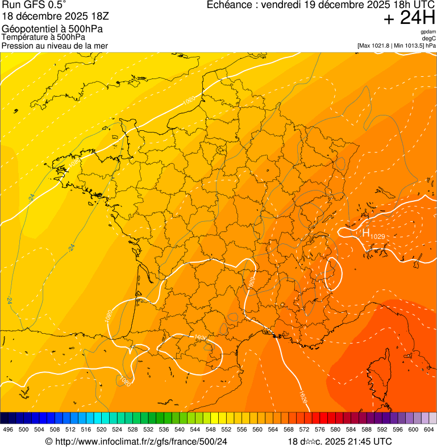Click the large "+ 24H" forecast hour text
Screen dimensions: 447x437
pyautogui.click(x=410, y=18)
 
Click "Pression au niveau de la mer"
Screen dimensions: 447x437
pyautogui.click(x=55, y=45)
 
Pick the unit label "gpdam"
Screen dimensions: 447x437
pyautogui.click(x=428, y=32)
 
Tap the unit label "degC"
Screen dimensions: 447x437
pyautogui.click(x=429, y=38)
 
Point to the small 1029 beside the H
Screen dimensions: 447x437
pyautogui.click(x=377, y=236)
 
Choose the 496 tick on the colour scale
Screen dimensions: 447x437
pyautogui.click(x=8, y=430)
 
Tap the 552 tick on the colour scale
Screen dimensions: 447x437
pyautogui.click(x=226, y=430)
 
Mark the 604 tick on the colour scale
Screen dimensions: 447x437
pyautogui.click(x=428, y=430)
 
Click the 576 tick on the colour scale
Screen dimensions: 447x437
pyautogui.click(x=319, y=430)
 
